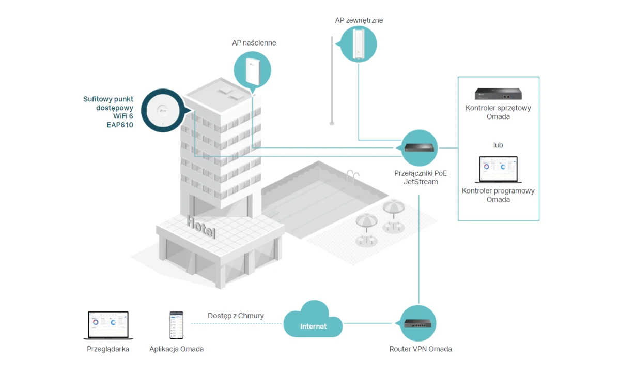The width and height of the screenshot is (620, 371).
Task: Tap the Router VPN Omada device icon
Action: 418,323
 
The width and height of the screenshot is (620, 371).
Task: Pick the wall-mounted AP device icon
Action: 253,72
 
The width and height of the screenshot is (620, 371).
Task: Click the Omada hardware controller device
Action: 498,94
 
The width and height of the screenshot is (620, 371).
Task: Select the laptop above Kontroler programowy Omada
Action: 498,169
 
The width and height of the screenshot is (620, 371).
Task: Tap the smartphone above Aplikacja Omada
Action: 176,325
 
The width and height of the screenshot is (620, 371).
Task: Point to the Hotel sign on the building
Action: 201,228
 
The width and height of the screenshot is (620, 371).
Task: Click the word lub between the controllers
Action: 498,145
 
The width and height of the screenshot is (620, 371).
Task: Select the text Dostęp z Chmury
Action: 236,316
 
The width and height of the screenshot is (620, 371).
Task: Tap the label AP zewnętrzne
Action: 359,20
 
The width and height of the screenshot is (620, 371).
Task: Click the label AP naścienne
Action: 254,43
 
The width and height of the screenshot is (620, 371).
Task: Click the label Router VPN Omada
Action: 420,349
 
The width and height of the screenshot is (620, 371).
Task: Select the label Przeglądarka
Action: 108,349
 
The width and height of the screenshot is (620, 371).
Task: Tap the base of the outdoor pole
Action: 332,123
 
